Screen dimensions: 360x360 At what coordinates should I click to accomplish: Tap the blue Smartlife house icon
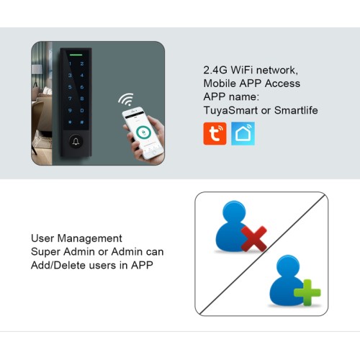tap(243, 134)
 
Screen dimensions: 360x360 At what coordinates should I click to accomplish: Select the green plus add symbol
tap(307, 294)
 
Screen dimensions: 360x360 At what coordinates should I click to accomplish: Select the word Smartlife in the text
tap(294, 110)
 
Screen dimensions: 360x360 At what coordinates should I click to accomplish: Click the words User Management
tap(76, 238)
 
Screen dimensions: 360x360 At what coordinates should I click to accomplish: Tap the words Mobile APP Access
tap(252, 84)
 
